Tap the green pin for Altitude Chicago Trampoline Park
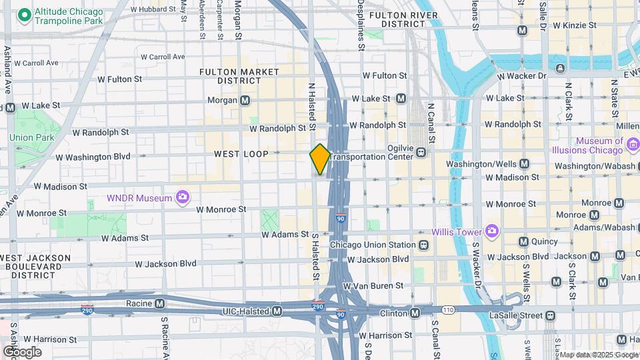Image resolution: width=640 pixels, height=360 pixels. tap(25, 14)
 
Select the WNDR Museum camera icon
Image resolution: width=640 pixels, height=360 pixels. tap(182, 197)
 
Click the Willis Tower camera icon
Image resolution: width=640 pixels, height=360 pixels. tap(492, 231)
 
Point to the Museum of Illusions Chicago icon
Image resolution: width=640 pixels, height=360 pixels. tap(633, 142)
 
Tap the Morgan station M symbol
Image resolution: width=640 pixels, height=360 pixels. tap(245, 101)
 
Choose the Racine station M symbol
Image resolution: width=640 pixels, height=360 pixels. tap(159, 303)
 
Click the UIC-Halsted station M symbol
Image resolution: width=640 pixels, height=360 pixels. tap(277, 311)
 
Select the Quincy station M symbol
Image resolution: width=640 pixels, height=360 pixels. tap(523, 242)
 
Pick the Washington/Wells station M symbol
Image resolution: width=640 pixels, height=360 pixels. tap(524, 163)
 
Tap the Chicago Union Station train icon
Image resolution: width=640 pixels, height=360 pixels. tap(423, 245)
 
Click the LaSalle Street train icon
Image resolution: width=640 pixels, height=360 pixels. tap(550, 315)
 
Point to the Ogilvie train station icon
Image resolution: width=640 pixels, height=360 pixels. tap(421, 152)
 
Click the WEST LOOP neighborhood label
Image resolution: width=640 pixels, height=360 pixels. tap(241, 154)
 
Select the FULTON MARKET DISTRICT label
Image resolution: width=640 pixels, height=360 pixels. tap(240, 75)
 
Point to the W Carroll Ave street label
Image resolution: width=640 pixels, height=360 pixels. tap(36, 63)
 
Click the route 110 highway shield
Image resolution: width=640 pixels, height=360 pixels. tap(447, 310)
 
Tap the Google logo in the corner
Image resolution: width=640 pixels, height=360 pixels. tap(23, 351)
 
